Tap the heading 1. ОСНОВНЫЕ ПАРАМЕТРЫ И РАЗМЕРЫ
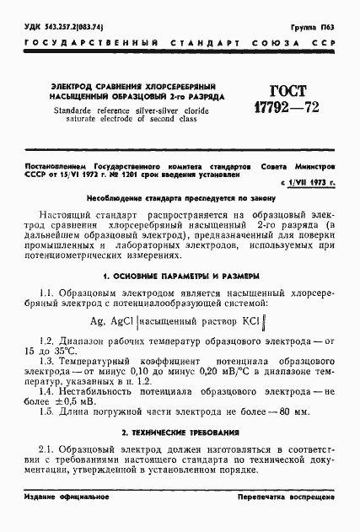[180, 276]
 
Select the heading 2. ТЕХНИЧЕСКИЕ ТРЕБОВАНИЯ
[180, 432]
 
